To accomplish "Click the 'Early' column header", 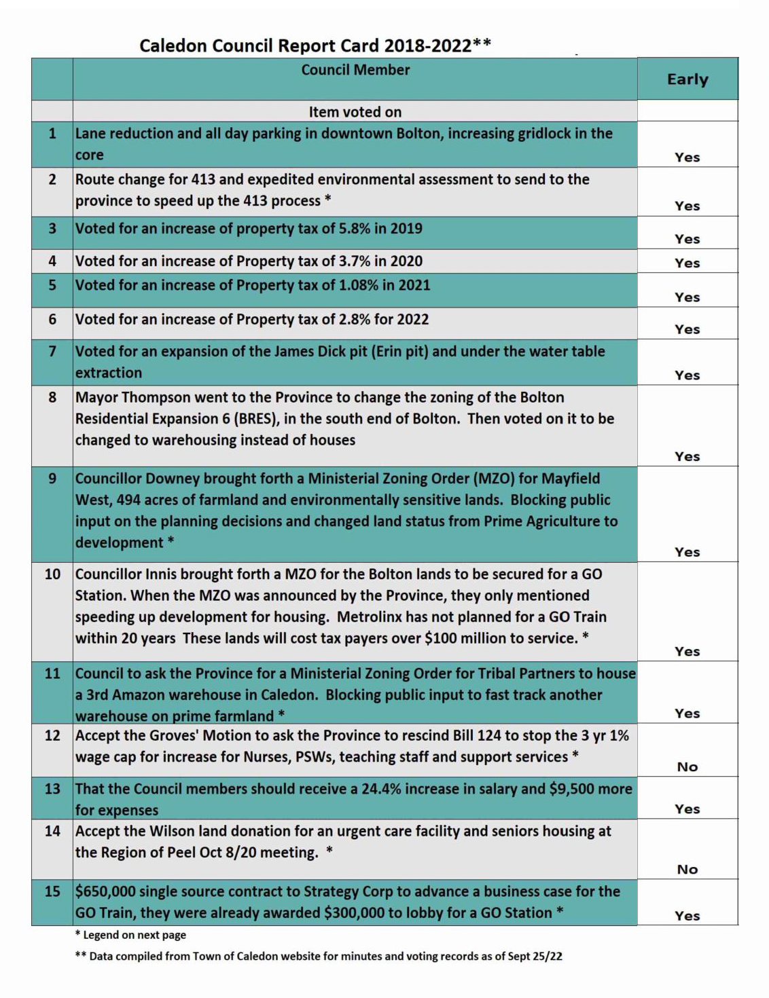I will [x=687, y=79].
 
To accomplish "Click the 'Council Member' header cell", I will [x=355, y=70].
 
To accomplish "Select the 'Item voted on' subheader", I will [x=355, y=112].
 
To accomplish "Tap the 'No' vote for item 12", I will [x=687, y=766].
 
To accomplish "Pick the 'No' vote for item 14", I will [x=687, y=869].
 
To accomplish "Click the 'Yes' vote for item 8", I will [x=687, y=456].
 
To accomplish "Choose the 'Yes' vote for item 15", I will [x=687, y=915].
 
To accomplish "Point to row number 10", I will [x=52, y=574].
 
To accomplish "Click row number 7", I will [x=52, y=352].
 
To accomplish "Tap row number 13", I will [x=52, y=789].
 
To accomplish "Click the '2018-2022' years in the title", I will [x=427, y=46].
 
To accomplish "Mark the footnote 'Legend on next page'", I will [x=134, y=935].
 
